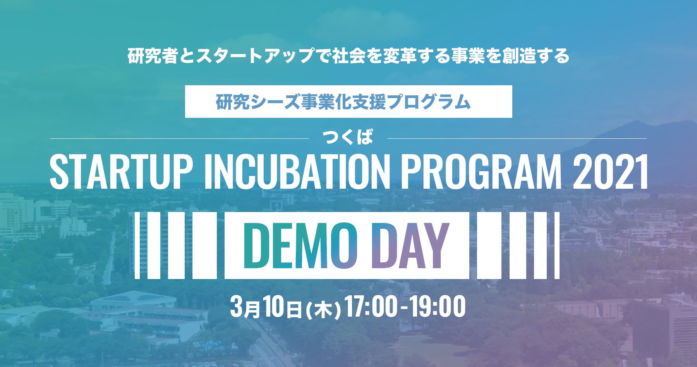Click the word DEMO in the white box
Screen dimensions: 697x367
(300, 246)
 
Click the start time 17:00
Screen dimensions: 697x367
(371, 307)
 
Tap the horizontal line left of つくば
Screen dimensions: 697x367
(180, 138)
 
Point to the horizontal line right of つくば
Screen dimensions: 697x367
(517, 138)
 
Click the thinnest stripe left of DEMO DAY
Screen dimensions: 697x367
(137, 245)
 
